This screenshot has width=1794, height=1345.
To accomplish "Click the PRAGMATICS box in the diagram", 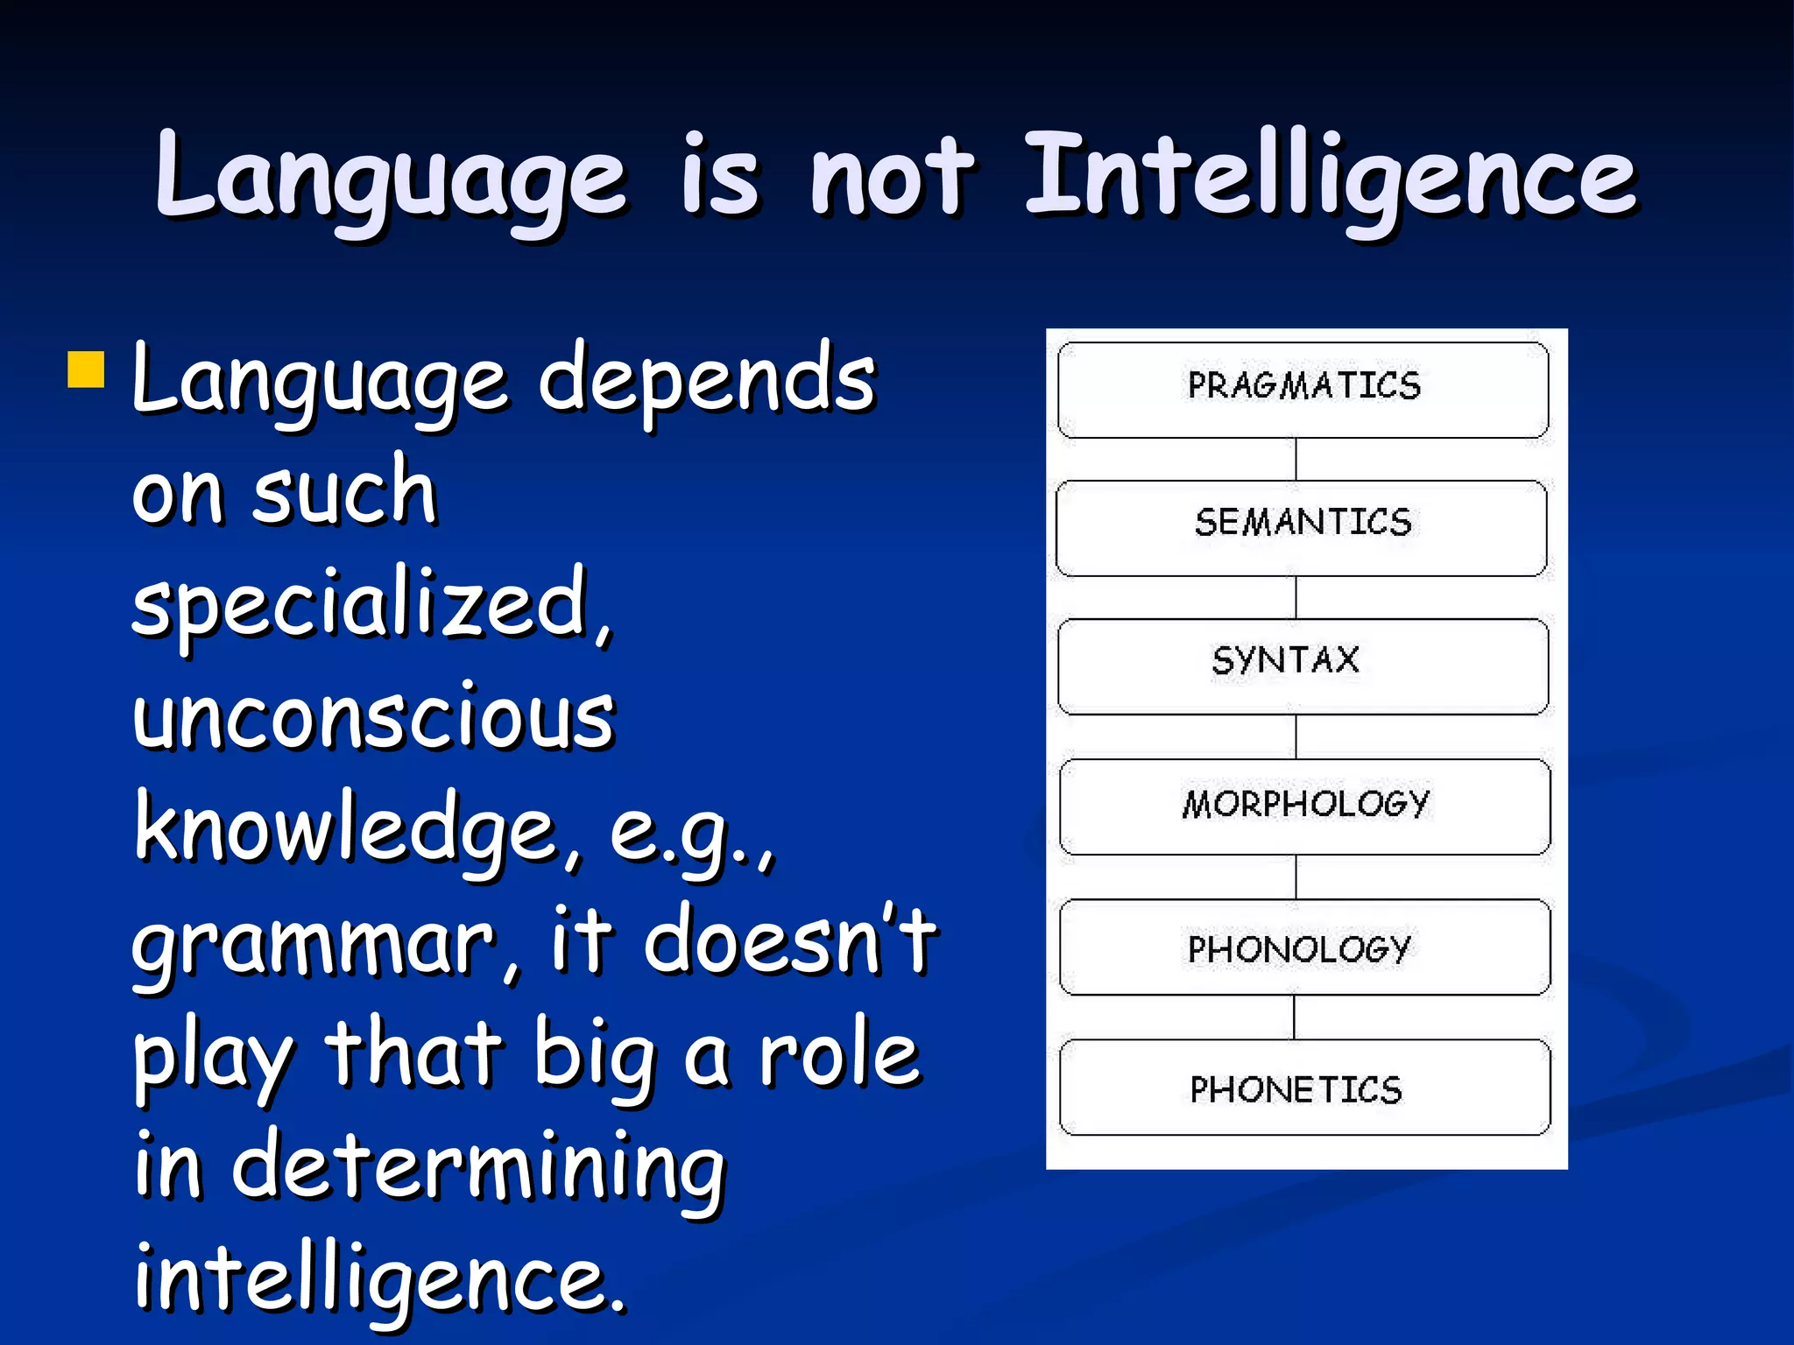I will pos(1303,390).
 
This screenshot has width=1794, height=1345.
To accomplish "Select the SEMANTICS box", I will pos(1302,527).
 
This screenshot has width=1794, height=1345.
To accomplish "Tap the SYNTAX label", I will pos(1285,660).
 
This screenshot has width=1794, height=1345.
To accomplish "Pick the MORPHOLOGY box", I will pos(1304,806).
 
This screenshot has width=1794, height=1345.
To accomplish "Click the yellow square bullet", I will pos(86,370).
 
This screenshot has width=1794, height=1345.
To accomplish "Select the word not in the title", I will pos(891,180).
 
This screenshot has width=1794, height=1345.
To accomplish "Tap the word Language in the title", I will pos(391,180).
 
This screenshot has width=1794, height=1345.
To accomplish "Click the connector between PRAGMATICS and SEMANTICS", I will pos(1296,459).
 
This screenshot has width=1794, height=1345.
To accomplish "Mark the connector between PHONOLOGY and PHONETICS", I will pos(1295,1017).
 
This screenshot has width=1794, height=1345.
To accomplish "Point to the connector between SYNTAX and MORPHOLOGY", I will pos(1296,736).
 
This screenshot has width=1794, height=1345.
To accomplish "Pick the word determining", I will pos(478,1169).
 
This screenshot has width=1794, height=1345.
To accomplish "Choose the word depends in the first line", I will pos(706,381).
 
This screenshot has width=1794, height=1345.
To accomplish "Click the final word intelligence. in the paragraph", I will pos(380,1280).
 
